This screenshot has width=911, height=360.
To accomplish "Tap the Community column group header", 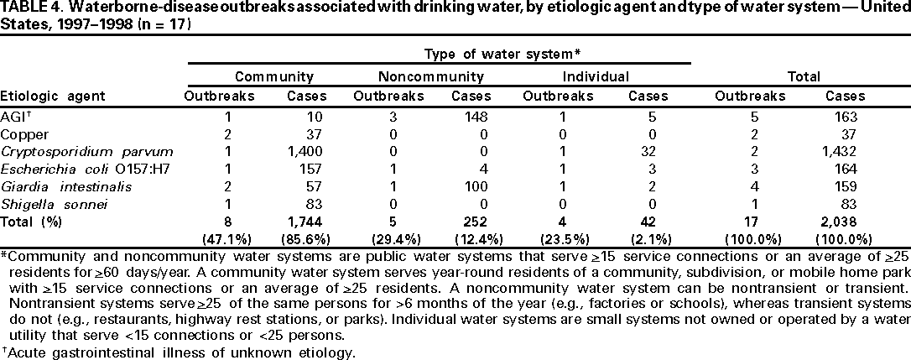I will click(268, 76).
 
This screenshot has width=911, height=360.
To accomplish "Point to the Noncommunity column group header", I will click(432, 76).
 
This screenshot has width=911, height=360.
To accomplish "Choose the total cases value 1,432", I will click(845, 151).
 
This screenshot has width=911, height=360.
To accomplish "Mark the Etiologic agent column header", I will click(53, 96).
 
